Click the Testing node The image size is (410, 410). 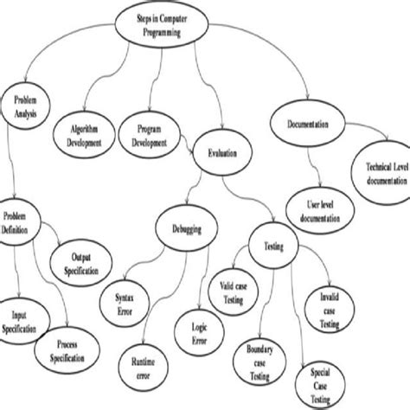pyautogui.click(x=272, y=247)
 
